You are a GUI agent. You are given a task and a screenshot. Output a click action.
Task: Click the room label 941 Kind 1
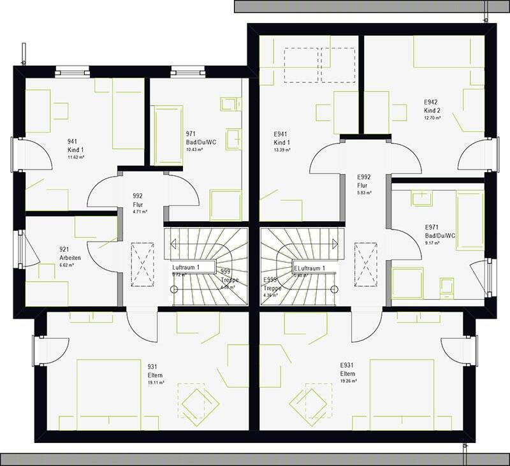(75, 145)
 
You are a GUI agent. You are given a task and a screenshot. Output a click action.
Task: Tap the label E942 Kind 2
(432, 106)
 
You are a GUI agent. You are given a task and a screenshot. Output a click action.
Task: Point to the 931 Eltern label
(153, 370)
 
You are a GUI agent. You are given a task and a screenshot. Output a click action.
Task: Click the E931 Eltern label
(347, 370)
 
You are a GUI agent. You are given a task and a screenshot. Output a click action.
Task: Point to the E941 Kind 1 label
(282, 138)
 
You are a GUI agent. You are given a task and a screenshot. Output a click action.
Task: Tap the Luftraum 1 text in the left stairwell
(186, 266)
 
